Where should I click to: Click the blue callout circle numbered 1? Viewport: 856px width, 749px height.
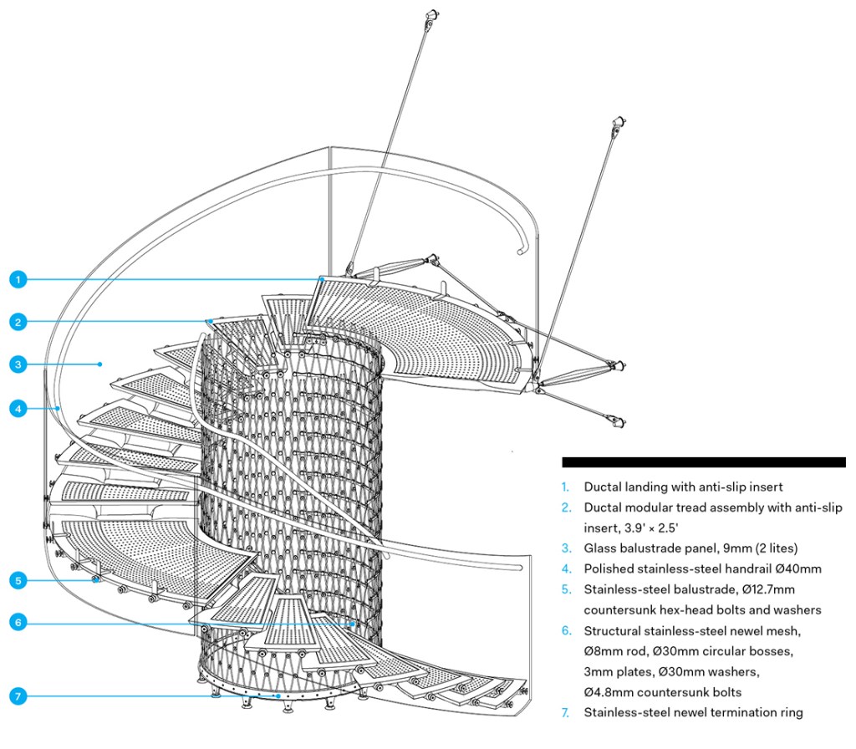click(x=18, y=279)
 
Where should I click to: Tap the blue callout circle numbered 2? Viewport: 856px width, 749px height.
click(x=18, y=321)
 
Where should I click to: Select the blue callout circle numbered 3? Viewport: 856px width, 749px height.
click(x=18, y=364)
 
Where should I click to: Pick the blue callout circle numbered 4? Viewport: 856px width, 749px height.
click(x=18, y=409)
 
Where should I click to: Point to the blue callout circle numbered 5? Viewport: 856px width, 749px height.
click(x=18, y=579)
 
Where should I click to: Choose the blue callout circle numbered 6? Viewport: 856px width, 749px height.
click(x=18, y=621)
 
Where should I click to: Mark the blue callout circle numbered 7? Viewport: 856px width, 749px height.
click(x=18, y=695)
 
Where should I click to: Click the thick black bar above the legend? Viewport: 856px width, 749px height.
click(x=703, y=461)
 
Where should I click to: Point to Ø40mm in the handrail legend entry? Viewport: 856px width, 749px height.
click(x=799, y=569)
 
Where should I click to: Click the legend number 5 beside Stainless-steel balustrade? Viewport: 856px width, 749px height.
click(x=565, y=589)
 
